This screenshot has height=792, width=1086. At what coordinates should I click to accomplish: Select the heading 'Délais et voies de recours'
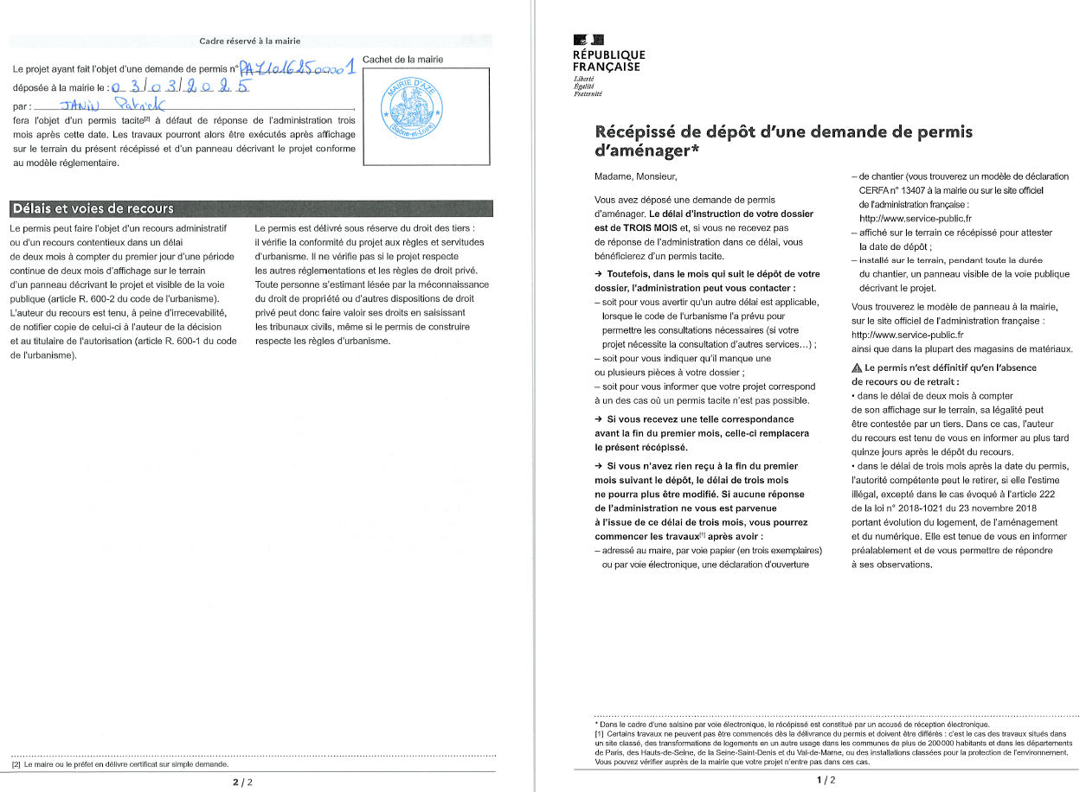92,208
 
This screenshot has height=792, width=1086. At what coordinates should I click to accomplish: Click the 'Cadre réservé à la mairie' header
250,41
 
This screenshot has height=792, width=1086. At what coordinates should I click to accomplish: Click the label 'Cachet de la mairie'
403,60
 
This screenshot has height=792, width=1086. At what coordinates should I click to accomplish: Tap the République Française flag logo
588,39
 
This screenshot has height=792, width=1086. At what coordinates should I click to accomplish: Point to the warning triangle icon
857,367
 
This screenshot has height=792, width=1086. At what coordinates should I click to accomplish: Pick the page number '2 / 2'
243,782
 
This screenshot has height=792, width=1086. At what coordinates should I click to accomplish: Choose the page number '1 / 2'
826,781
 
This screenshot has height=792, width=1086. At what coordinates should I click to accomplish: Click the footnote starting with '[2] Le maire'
120,765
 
